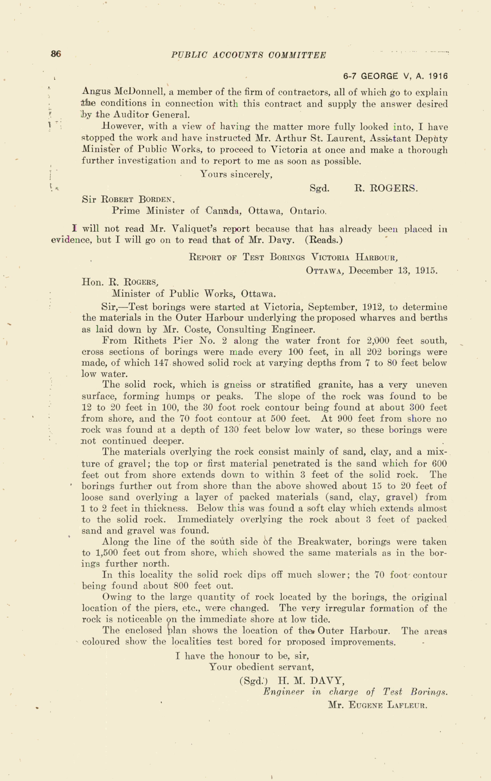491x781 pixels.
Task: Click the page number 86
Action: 56,54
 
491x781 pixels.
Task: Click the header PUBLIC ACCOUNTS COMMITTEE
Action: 248,55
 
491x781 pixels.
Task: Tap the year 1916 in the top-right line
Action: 437,76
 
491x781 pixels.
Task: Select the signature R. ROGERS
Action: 386,188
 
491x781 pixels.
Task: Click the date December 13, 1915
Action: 393,271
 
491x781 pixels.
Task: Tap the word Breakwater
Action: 325,542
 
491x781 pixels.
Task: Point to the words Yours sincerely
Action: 236,175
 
